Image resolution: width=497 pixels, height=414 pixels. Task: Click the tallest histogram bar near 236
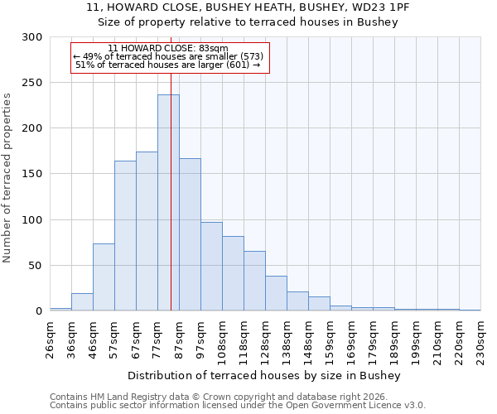pos(168,203)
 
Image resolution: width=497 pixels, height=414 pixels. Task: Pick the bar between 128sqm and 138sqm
pos(276,294)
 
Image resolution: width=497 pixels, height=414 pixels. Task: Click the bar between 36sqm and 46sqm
pos(82,303)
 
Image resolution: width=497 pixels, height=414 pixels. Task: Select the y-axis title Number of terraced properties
pos(7,177)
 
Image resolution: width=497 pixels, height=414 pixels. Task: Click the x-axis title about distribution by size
pos(265,376)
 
